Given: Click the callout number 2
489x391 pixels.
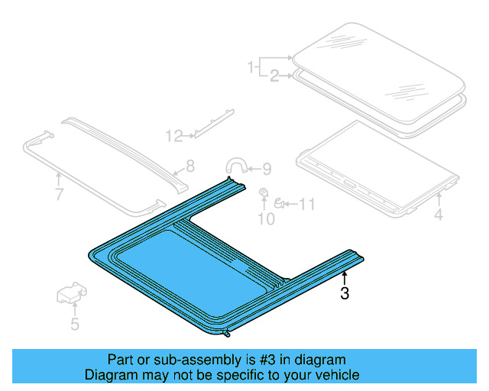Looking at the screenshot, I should point(274,75).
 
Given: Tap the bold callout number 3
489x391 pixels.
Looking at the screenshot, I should point(345,293).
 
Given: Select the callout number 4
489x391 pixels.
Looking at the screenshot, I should point(438,215).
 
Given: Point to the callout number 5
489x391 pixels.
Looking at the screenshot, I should point(74,325).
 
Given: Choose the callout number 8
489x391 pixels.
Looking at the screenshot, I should point(190,165).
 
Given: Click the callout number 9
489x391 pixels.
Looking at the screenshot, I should point(266,170).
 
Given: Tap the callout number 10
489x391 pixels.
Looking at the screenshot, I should point(265,221).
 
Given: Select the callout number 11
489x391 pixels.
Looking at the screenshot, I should point(306,204).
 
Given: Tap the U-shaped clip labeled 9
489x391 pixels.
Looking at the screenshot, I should point(235,165).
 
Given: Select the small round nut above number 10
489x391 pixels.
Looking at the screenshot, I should point(264,192).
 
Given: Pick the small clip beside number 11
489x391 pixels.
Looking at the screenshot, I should point(280,202).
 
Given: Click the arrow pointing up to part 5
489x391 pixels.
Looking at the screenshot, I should point(74,309).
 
